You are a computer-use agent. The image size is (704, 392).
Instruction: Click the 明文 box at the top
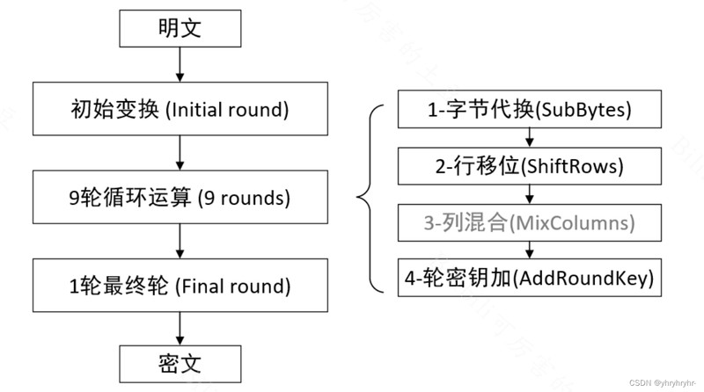point(180,28)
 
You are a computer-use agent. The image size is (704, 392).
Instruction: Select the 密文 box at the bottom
point(180,364)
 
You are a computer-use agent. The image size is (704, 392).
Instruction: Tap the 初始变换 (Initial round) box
point(180,108)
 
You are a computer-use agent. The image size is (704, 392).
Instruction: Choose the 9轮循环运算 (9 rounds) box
point(180,197)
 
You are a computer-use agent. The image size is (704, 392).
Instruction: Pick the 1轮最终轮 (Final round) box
point(180,286)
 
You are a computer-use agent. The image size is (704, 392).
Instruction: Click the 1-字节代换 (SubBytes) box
point(530,109)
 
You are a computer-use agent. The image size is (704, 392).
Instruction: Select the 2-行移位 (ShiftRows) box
point(530,166)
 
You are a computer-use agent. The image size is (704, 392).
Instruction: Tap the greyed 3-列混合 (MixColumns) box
point(530,222)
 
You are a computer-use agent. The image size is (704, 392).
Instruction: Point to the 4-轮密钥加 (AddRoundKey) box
point(530,278)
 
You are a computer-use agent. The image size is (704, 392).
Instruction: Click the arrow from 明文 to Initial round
point(180,64)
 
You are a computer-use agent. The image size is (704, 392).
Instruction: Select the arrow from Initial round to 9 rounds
point(180,153)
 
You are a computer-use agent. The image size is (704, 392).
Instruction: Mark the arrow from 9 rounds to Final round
point(180,242)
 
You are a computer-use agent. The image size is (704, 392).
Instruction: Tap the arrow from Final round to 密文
point(180,329)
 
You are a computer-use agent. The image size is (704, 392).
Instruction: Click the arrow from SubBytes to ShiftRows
point(530,138)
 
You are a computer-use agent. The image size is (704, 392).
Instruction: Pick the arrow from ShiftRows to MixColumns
point(530,194)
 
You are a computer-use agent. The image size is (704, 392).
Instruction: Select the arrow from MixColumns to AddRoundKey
point(530,250)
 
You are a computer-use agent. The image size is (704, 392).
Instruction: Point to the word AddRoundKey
point(583,278)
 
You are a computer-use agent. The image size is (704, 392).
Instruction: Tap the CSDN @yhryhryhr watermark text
point(663,383)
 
